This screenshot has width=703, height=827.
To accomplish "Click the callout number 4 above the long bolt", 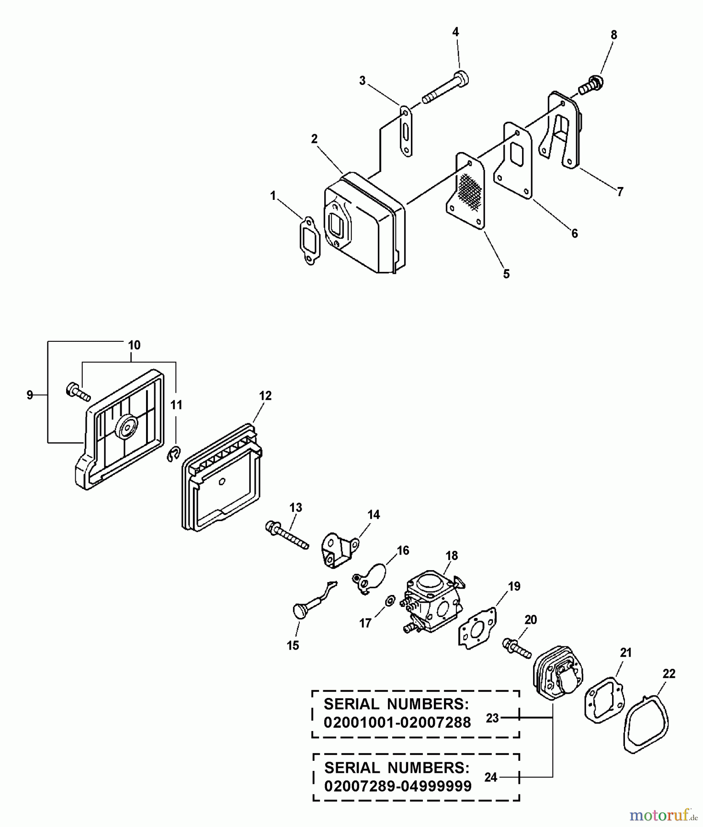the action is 455,32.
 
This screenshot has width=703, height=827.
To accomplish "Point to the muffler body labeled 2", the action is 365,222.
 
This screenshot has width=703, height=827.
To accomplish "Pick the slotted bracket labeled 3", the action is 406,131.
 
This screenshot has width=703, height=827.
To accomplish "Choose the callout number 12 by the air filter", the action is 265,396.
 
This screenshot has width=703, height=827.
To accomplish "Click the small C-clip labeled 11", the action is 173,454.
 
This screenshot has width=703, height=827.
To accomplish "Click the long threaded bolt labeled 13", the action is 287,534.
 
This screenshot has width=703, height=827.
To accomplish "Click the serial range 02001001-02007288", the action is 397,723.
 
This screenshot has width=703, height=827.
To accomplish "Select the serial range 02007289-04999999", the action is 398,786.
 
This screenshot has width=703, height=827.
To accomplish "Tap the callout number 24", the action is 490,777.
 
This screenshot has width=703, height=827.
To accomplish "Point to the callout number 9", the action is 30,395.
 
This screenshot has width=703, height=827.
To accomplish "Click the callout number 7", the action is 620,192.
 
